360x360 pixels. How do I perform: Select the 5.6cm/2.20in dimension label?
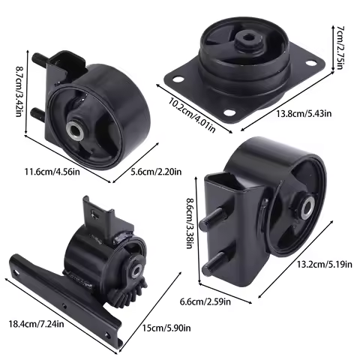[x=157, y=172]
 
